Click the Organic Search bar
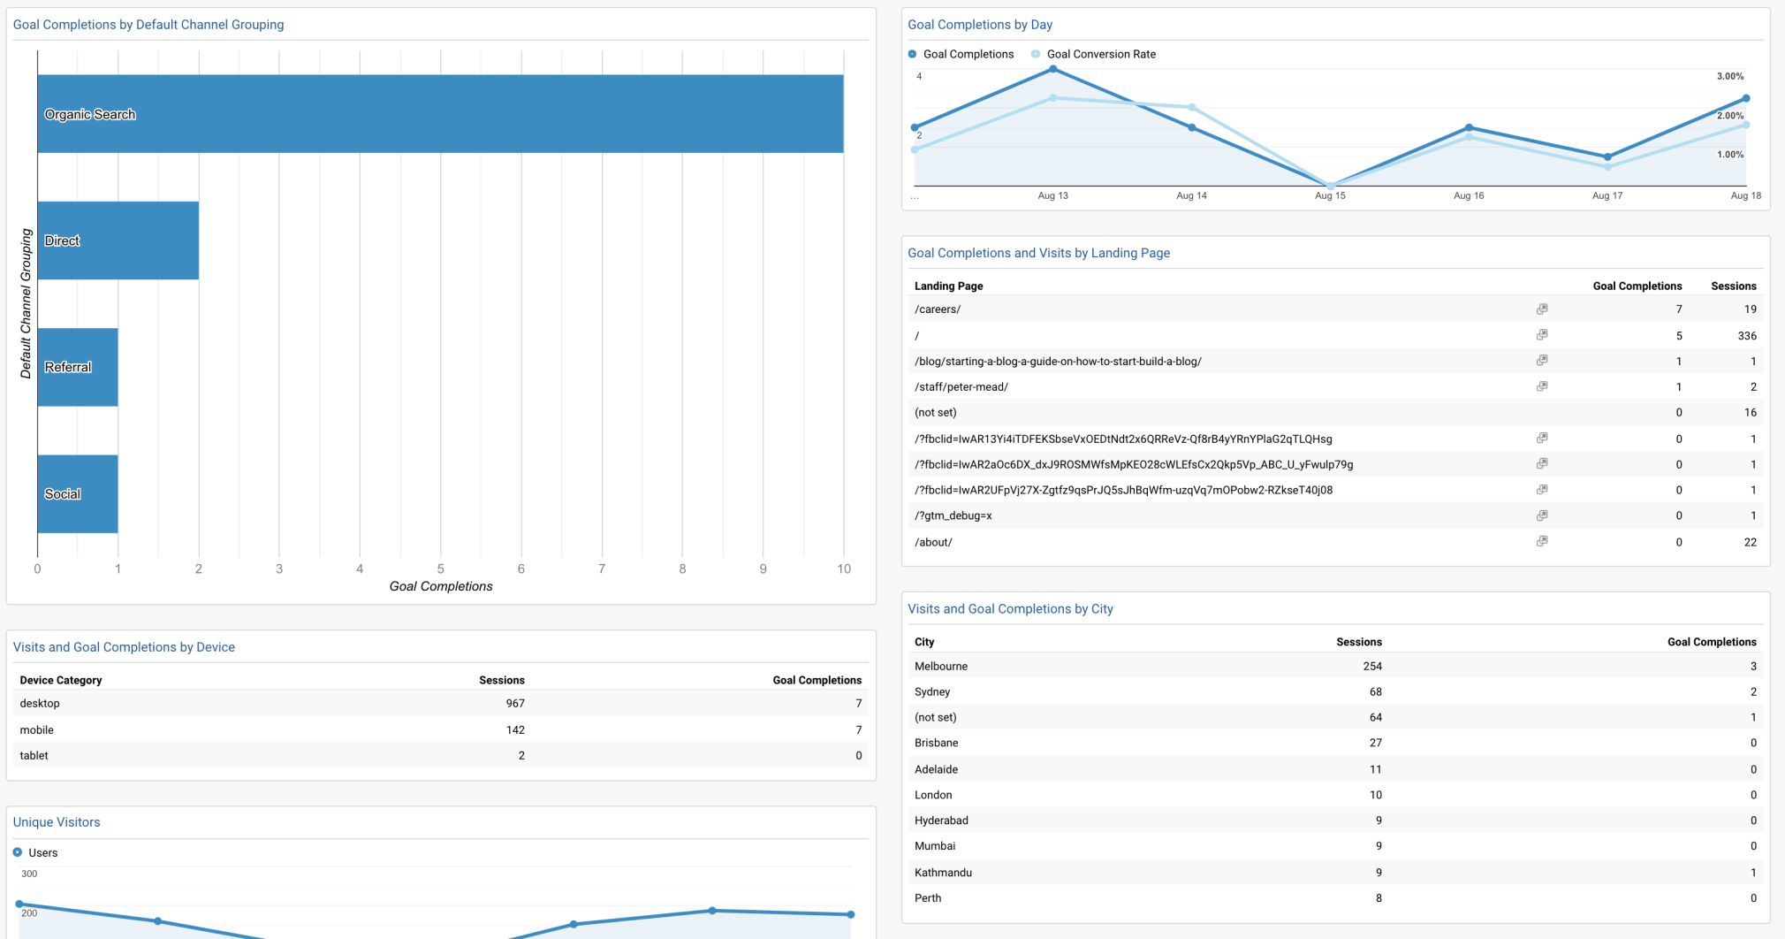click(440, 114)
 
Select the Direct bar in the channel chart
click(118, 240)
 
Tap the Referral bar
click(78, 367)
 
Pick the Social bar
click(78, 493)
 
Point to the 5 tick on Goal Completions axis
click(440, 569)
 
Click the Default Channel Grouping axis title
click(26, 303)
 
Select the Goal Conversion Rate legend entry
click(1100, 54)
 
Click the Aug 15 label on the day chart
click(1329, 195)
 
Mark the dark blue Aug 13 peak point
click(1052, 69)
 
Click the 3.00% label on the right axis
click(1729, 76)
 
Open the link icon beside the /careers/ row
click(1541, 309)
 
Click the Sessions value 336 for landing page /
click(1746, 336)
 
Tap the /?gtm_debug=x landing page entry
click(953, 515)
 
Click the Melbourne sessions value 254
click(1371, 666)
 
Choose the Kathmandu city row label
click(943, 872)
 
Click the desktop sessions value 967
click(514, 704)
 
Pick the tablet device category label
click(34, 755)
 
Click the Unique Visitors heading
click(57, 822)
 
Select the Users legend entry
click(42, 852)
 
